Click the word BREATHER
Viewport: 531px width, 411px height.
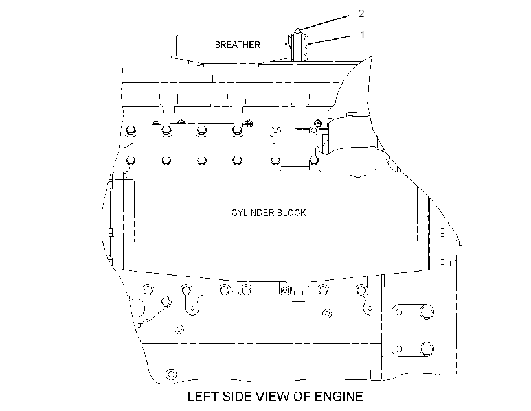(238, 45)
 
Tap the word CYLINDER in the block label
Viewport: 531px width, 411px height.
(253, 213)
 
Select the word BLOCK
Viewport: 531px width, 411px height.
(291, 213)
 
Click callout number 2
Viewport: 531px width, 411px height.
(361, 13)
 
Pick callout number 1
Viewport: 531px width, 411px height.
(363, 34)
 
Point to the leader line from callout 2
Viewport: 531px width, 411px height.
(324, 23)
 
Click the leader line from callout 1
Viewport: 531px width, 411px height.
(328, 40)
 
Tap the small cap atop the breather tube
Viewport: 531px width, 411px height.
(297, 31)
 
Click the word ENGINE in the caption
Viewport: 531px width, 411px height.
(339, 397)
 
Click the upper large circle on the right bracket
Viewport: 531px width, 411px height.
(426, 312)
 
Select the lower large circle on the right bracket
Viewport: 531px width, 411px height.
(426, 349)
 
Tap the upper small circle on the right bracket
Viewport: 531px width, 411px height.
(399, 312)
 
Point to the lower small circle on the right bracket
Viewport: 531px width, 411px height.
(399, 349)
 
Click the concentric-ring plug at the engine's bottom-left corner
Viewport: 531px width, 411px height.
(172, 374)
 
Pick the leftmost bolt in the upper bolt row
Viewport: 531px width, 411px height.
(131, 130)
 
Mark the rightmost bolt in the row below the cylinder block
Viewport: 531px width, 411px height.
(361, 290)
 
